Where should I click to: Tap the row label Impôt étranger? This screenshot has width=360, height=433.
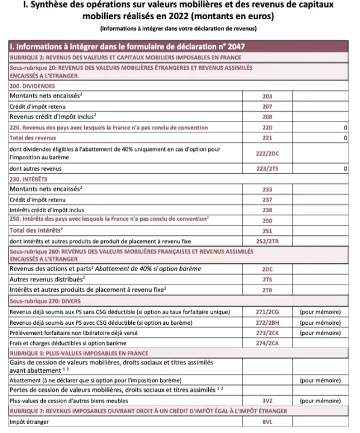(x=29, y=422)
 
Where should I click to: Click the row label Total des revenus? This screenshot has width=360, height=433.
(x=34, y=138)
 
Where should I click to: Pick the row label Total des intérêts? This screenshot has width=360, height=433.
(x=37, y=230)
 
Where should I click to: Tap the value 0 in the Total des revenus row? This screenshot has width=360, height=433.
(x=344, y=138)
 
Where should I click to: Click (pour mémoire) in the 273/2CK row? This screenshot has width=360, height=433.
(x=320, y=333)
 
